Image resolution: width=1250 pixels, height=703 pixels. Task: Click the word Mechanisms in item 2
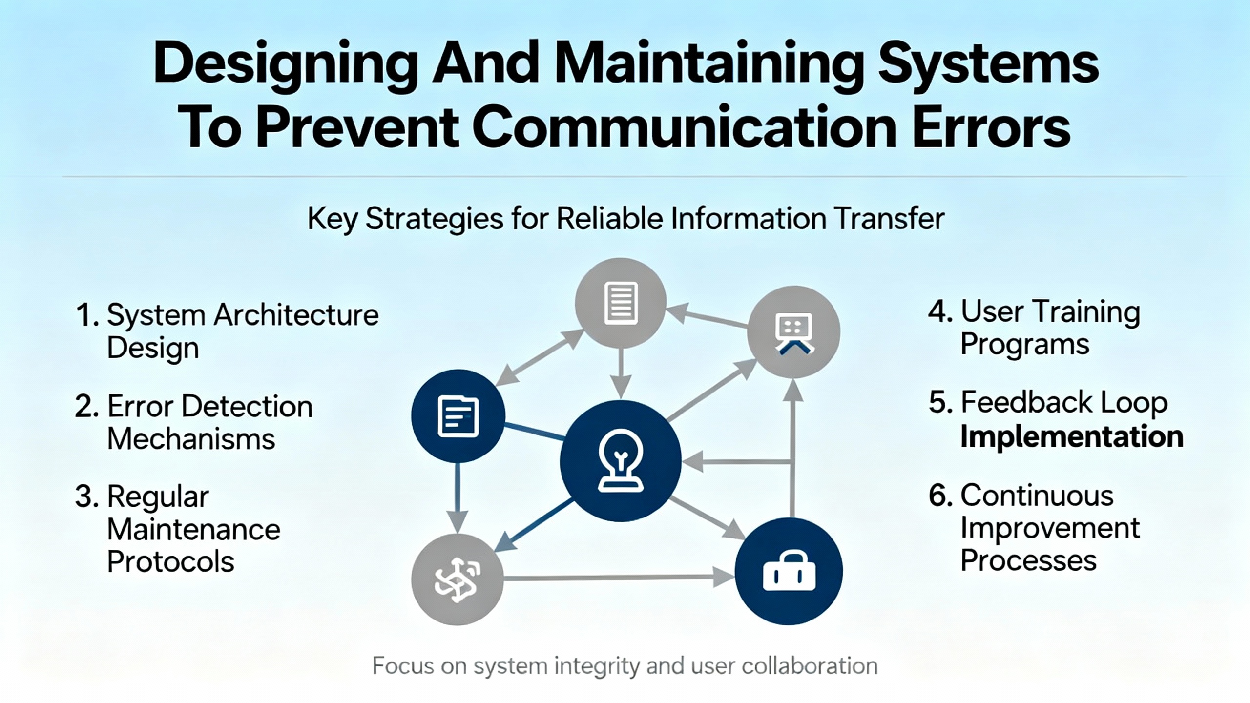pyautogui.click(x=191, y=438)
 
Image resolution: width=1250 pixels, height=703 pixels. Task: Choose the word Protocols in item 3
pyautogui.click(x=170, y=561)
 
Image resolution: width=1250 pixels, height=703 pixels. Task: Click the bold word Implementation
pyautogui.click(x=1072, y=436)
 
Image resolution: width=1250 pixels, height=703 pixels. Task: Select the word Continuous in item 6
pyautogui.click(x=1037, y=496)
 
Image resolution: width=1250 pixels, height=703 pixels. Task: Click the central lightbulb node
pyautogui.click(x=620, y=461)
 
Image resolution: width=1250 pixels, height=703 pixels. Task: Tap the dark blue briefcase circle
pyautogui.click(x=789, y=571)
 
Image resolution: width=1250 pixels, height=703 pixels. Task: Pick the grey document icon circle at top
pyautogui.click(x=621, y=303)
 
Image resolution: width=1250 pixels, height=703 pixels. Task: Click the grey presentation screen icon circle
pyautogui.click(x=793, y=332)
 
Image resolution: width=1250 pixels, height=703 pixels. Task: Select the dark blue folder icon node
pyautogui.click(x=458, y=416)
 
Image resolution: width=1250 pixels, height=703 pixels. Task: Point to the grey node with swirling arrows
pyautogui.click(x=458, y=579)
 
